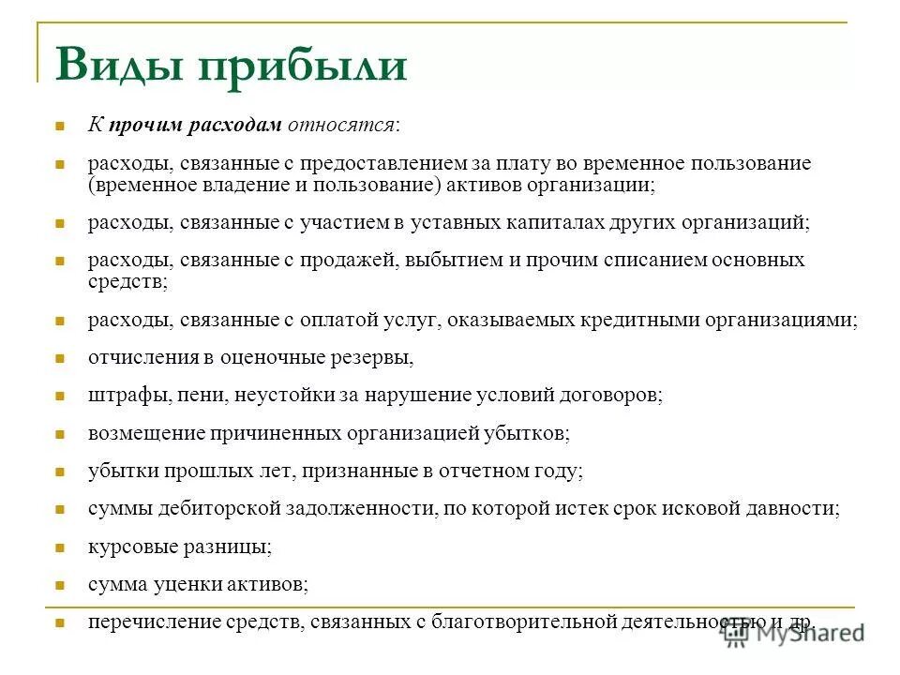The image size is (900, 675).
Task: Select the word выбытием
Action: click(x=451, y=260)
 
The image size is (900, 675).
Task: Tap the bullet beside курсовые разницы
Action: click(x=58, y=547)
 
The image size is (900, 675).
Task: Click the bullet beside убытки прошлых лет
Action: click(x=58, y=472)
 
